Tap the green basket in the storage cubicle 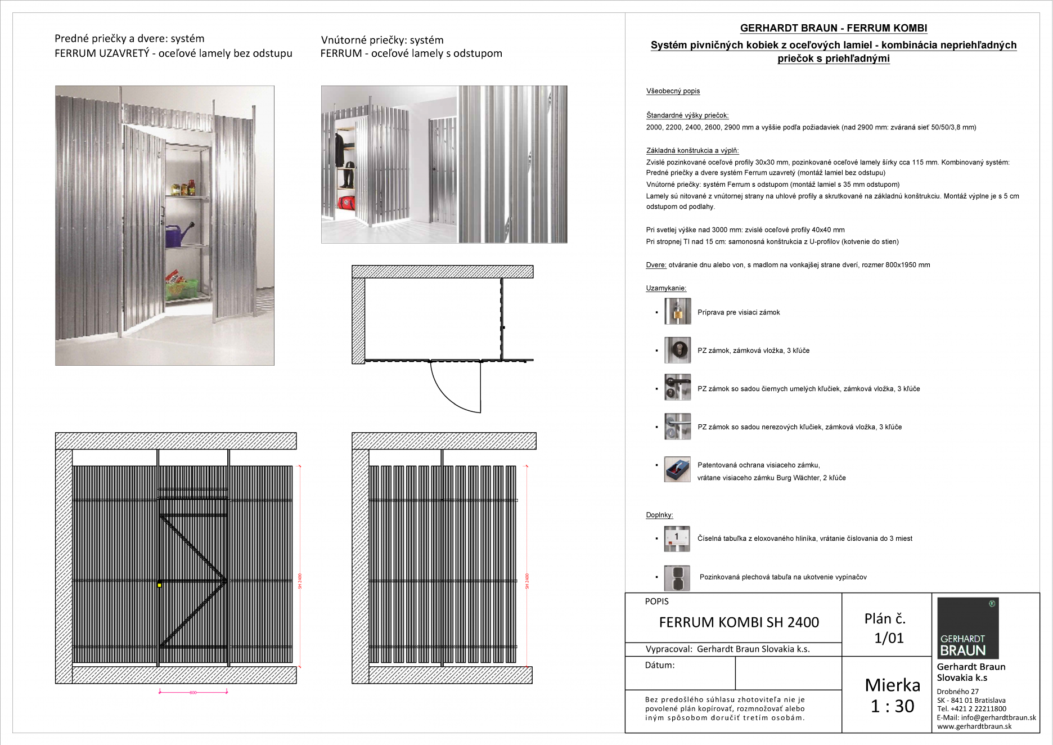[x=181, y=289]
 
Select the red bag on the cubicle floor [x=346, y=203]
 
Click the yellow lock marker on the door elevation [x=159, y=585]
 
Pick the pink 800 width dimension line [x=193, y=692]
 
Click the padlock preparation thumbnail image [x=677, y=312]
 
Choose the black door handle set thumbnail [x=677, y=388]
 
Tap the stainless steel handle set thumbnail [x=677, y=427]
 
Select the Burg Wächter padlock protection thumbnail [x=677, y=469]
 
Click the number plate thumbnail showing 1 [x=677, y=538]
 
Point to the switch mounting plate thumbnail [x=677, y=578]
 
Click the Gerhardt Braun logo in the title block [x=967, y=628]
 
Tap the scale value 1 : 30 [x=892, y=706]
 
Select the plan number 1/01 [x=889, y=638]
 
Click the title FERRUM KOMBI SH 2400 [x=739, y=622]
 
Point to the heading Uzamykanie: [x=666, y=288]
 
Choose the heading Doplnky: [x=659, y=515]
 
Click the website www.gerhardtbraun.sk [x=974, y=726]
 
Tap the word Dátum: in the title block [x=660, y=665]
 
